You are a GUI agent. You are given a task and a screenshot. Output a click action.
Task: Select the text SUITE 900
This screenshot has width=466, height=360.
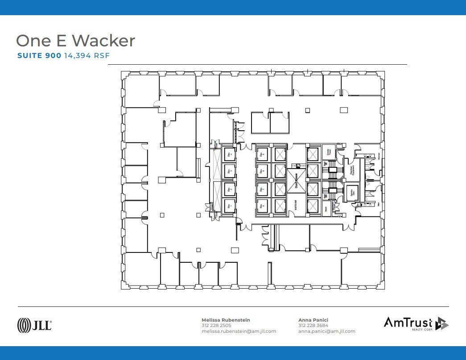click(x=39, y=56)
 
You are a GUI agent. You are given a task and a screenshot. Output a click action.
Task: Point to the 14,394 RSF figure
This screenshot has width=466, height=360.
click(x=87, y=56)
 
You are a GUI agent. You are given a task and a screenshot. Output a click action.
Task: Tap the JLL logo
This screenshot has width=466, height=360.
click(x=34, y=325)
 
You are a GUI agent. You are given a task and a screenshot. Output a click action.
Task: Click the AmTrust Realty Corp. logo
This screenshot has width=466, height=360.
click(x=416, y=323)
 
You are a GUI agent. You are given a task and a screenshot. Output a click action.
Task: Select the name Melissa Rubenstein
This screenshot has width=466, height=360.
click(x=226, y=320)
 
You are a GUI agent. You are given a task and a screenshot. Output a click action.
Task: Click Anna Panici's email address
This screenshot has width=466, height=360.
click(x=326, y=331)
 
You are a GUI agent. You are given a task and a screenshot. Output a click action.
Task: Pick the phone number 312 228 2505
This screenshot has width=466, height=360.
click(x=216, y=326)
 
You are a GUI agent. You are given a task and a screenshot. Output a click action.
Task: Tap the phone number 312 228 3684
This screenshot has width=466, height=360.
click(x=313, y=326)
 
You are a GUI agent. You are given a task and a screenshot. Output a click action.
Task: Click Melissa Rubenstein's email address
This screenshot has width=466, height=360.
click(x=239, y=331)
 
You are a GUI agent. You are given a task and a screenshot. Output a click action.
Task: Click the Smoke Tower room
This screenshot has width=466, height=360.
click(x=329, y=152)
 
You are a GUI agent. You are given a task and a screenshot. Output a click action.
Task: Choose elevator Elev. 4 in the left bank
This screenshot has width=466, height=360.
click(x=230, y=154)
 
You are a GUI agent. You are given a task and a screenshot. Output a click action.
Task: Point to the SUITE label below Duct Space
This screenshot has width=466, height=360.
click(x=296, y=205)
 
